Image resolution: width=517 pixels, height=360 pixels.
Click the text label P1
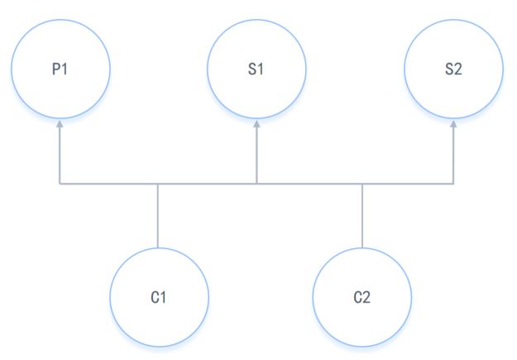coord(60,69)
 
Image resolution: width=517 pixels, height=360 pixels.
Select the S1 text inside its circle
coord(256,69)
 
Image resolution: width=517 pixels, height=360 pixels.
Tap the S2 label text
coord(453,69)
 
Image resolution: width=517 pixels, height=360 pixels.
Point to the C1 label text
coord(159,296)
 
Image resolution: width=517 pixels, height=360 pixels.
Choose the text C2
coord(362,296)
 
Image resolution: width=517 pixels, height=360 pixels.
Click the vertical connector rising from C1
coord(158,215)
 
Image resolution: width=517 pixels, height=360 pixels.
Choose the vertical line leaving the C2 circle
coord(362,215)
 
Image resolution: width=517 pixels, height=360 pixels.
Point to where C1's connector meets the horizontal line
coord(158,183)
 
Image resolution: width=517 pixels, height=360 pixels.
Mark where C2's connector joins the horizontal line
coord(362,183)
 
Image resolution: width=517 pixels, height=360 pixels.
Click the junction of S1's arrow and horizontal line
coord(256,183)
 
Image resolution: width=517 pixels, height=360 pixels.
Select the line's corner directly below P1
coord(60,183)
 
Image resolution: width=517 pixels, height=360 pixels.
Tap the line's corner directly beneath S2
coord(453,183)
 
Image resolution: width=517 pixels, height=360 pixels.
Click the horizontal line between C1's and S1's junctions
coord(207,183)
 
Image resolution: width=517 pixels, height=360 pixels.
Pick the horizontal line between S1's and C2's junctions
coord(309,183)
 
